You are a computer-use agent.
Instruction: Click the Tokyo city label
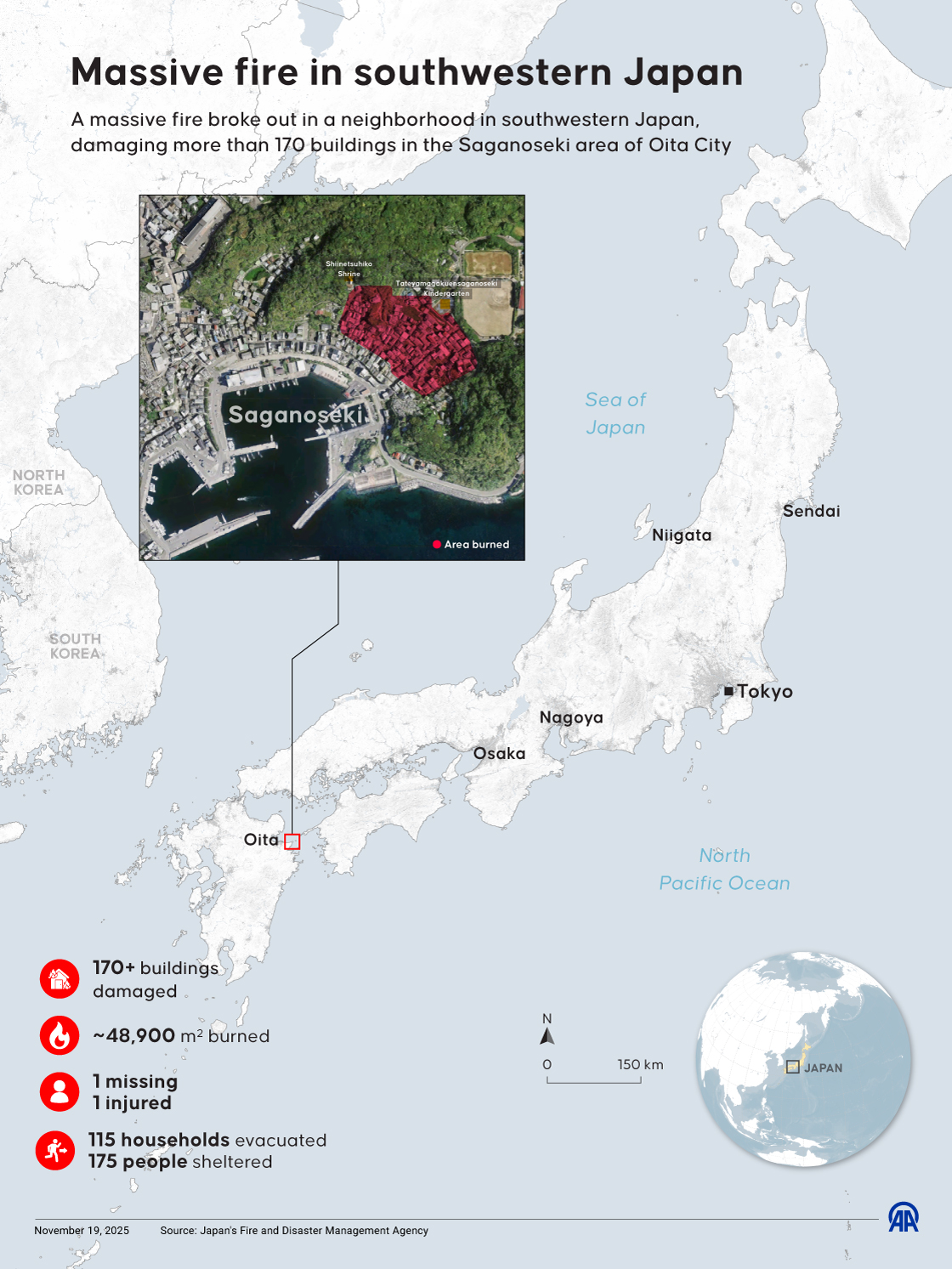[764, 691]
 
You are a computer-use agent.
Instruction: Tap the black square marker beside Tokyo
[728, 691]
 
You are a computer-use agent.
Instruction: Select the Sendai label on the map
[811, 511]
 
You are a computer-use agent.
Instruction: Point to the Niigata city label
[682, 535]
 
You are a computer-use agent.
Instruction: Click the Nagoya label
[571, 717]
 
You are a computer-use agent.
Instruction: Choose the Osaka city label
[499, 753]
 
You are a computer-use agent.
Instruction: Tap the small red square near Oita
[292, 841]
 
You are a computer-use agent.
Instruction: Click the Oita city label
[261, 840]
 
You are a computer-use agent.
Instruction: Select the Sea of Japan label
[615, 413]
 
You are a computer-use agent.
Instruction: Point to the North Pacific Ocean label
[724, 870]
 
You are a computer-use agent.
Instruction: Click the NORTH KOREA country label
[38, 482]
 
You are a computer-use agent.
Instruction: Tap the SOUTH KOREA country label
[75, 646]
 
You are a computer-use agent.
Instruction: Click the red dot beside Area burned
[437, 545]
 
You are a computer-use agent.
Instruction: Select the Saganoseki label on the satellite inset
[295, 415]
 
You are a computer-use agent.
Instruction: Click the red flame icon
[59, 1035]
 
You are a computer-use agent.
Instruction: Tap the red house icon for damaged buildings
[59, 979]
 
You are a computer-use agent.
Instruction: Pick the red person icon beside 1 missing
[59, 1091]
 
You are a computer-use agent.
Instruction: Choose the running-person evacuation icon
[55, 1151]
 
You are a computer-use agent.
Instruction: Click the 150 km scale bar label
[640, 1064]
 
